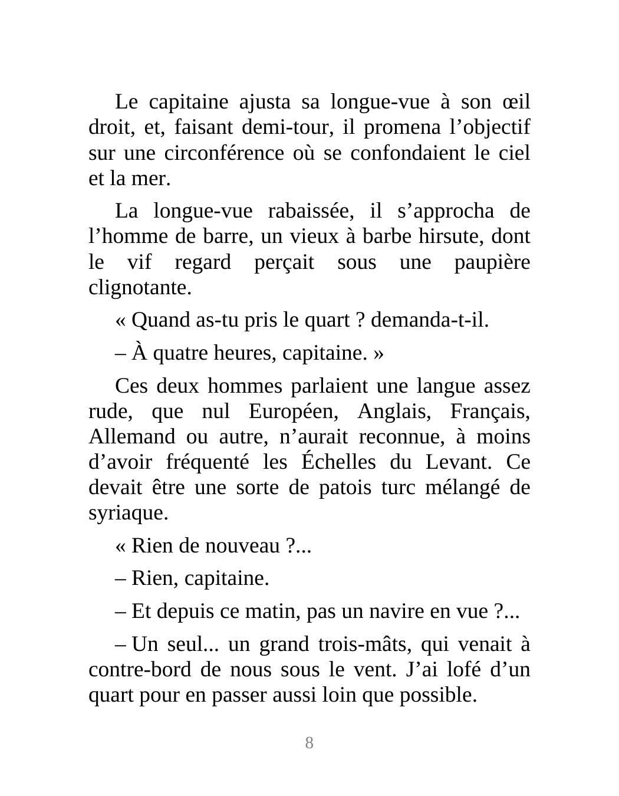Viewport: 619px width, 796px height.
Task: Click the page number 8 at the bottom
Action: (309, 743)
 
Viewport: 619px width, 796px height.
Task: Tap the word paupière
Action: (492, 262)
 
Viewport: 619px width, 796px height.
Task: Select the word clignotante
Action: (140, 288)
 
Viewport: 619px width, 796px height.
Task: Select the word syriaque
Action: (128, 514)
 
